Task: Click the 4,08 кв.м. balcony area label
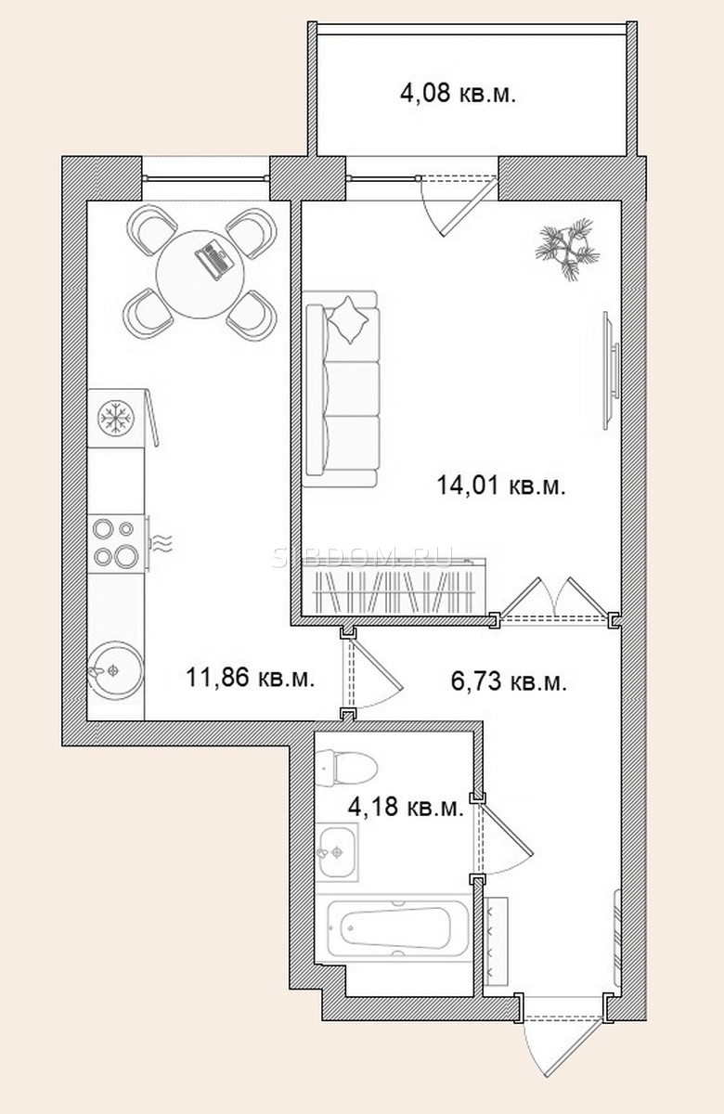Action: click(458, 94)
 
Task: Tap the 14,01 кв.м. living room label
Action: click(501, 486)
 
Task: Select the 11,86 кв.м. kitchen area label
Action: click(250, 678)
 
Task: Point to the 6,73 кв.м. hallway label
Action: click(509, 682)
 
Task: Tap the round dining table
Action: click(200, 275)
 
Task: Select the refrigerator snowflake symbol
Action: click(115, 417)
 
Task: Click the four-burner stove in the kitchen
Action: click(116, 544)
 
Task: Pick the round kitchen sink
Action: click(116, 671)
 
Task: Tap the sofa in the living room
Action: click(342, 389)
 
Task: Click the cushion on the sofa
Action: click(350, 319)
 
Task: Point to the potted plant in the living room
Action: click(567, 248)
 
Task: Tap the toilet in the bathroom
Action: click(346, 769)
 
